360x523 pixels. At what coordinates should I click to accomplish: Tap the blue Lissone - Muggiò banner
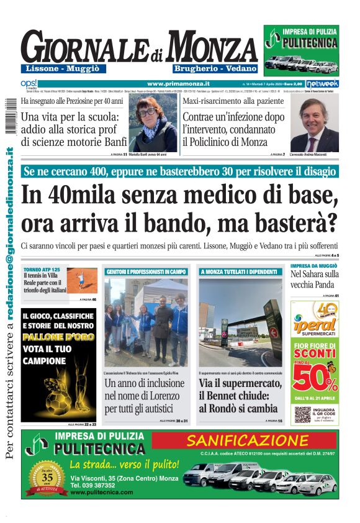tap(63, 68)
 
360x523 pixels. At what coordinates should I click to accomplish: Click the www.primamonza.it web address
tap(179, 83)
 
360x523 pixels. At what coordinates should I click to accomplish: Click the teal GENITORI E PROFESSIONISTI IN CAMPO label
tap(146, 271)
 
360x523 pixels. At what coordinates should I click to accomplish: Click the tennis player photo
tap(82, 280)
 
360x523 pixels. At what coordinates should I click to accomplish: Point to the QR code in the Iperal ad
tap(302, 414)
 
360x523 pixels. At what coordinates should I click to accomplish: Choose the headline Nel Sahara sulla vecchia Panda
tap(314, 278)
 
